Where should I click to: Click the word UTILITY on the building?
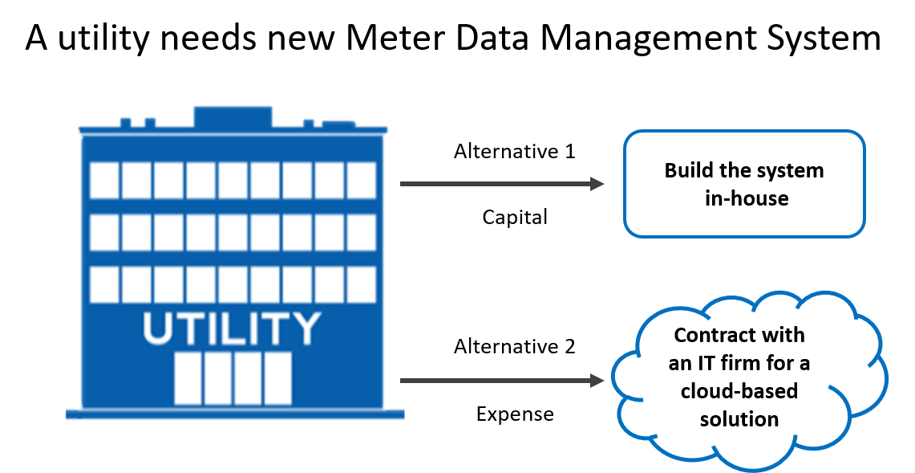point(232,328)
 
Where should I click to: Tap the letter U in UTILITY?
point(158,328)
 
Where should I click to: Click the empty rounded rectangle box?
point(744,184)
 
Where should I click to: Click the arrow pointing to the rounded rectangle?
point(501,184)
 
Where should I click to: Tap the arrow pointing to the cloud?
point(501,381)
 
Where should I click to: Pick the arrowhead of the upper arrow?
point(597,184)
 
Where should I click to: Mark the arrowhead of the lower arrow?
point(597,381)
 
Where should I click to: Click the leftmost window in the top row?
point(104,181)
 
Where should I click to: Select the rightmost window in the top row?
point(362,181)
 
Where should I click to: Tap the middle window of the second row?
point(233,233)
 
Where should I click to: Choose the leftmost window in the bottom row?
point(104,285)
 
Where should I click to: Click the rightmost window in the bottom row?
point(362,285)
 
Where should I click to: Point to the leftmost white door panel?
point(188,378)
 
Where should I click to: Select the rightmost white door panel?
point(278,378)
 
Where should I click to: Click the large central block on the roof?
point(233,116)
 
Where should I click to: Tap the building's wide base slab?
point(234,414)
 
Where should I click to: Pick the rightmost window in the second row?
point(362,233)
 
